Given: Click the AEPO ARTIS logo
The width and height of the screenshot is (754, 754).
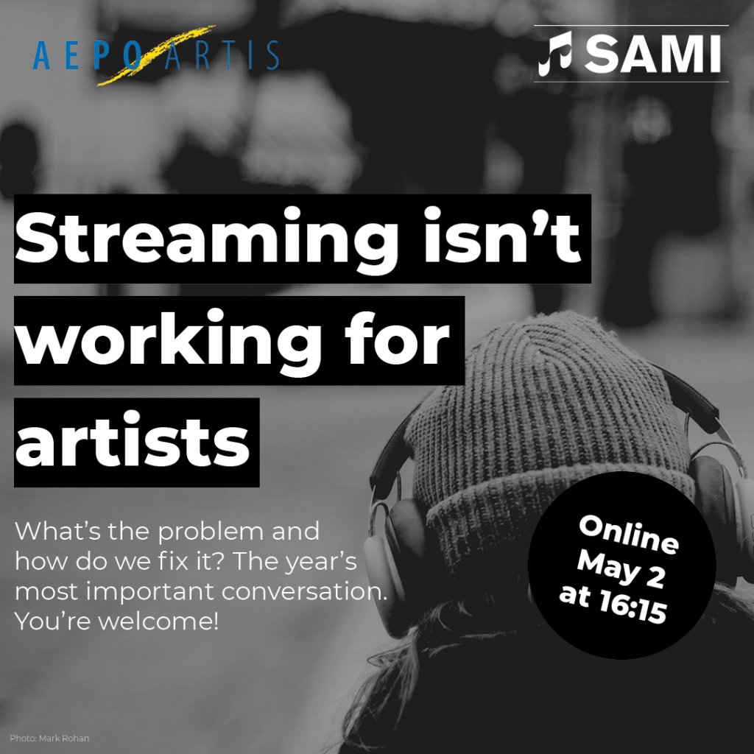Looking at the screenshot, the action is pos(156,55).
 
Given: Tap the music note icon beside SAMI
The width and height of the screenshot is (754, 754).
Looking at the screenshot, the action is pos(555,53).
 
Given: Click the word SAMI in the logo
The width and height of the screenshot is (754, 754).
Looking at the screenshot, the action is pos(653,54).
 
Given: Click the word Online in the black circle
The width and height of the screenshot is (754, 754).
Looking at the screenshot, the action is pos(629,535).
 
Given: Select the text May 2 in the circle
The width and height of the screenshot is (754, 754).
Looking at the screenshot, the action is pos(621,568).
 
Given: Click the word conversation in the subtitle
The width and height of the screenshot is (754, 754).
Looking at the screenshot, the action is pos(304,592).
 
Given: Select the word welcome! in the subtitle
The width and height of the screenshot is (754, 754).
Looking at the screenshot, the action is pos(159,621).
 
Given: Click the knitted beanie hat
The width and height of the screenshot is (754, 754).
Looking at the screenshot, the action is pos(548,433).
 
